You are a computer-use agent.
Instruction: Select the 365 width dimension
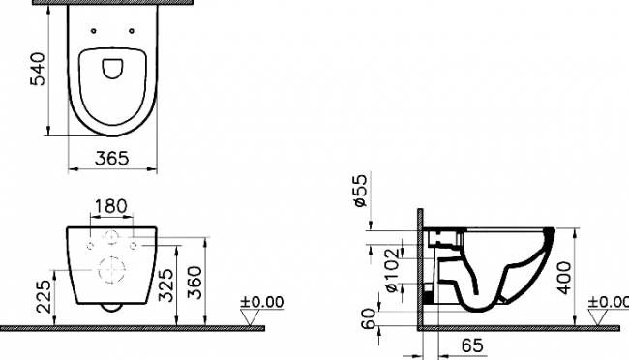tap(112, 160)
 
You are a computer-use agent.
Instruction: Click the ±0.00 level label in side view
tap(610, 302)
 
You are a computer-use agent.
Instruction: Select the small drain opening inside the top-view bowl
tap(112, 65)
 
